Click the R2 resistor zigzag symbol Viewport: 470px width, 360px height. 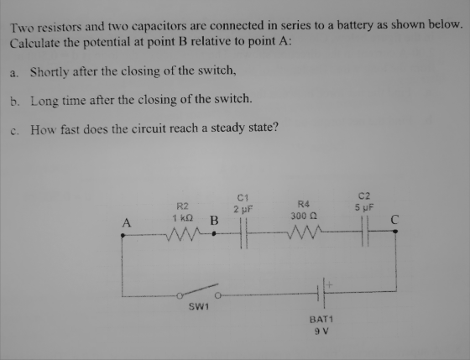183,234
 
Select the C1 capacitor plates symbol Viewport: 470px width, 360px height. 243,233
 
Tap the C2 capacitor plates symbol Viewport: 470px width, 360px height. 365,232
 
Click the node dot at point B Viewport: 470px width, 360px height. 214,233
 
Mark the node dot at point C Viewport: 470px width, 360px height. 395,231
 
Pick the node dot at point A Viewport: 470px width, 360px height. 123,236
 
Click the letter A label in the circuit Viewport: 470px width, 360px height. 127,222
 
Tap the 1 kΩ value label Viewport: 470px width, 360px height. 183,218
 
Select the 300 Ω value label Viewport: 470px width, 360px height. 304,216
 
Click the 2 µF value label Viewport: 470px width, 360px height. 243,209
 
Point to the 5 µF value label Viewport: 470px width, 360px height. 364,207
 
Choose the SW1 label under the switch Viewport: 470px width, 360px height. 199,306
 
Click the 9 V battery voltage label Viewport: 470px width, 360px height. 321,331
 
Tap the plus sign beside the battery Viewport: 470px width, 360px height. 329,284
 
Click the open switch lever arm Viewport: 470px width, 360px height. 199,290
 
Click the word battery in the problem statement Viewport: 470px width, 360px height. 355,25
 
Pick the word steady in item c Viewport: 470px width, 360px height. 227,128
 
